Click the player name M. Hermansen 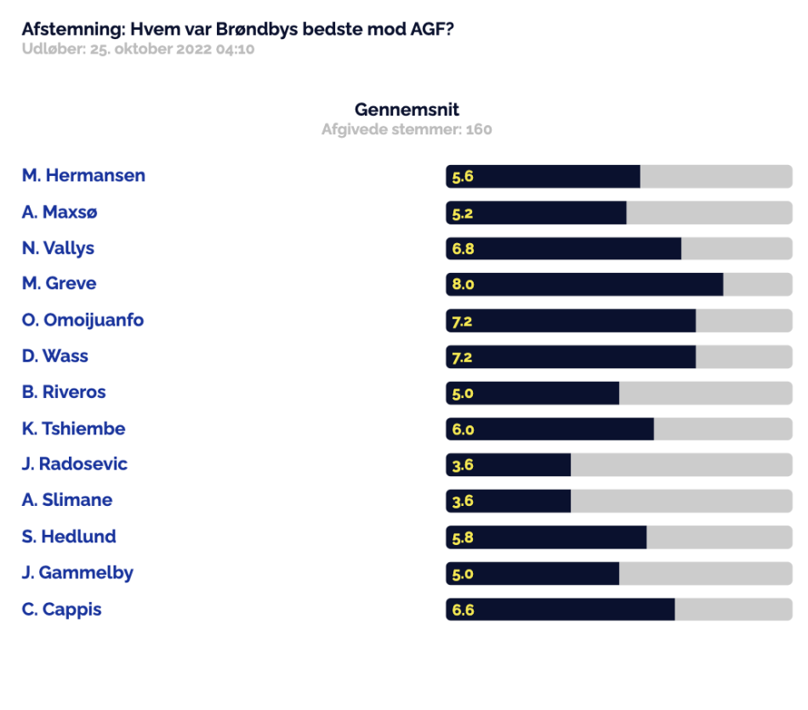83,175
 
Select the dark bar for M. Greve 584,284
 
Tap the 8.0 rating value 463,284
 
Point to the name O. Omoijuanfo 83,320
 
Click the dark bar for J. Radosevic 508,465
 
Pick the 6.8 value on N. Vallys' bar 463,249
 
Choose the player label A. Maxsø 60,212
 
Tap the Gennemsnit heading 407,109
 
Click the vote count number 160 479,129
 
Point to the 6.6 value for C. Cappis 463,610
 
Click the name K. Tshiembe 73,429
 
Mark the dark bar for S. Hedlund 546,537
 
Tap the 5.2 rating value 462,213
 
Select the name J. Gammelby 77,573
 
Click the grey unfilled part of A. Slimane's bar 681,501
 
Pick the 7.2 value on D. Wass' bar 462,358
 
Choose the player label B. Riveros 64,392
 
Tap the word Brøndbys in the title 257,30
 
